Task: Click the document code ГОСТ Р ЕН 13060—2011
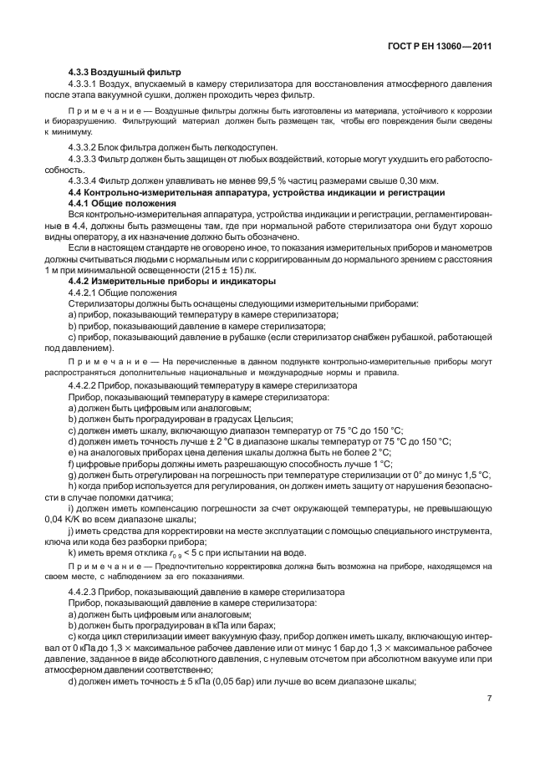pyautogui.click(x=438, y=47)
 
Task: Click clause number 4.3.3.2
pyautogui.click(x=86, y=146)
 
